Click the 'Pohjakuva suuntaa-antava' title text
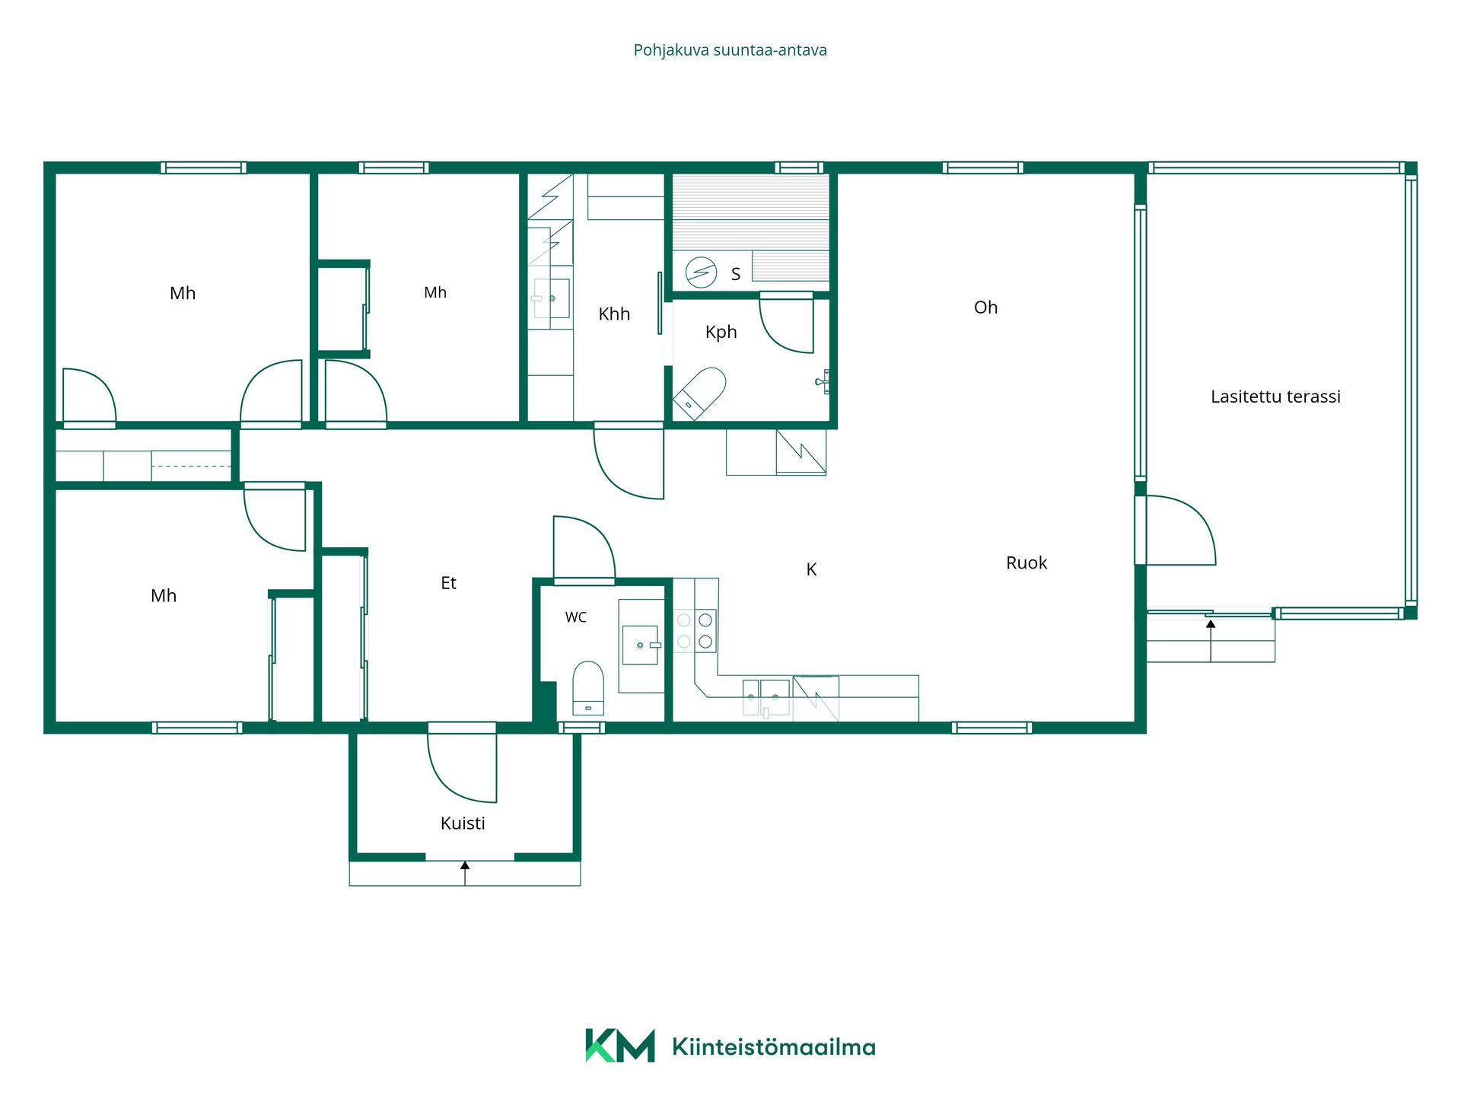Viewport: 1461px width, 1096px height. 730,50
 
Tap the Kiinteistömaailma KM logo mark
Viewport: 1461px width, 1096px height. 619,1045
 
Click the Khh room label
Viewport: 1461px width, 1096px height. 614,314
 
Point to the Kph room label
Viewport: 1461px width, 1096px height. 721,332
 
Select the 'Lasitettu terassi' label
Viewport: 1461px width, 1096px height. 1275,397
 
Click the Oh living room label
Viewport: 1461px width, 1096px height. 985,307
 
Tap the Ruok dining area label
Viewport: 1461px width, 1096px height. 1027,563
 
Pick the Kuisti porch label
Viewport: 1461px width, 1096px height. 463,824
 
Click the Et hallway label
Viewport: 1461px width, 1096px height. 448,583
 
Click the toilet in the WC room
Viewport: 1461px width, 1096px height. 587,688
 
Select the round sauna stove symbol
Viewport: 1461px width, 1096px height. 701,272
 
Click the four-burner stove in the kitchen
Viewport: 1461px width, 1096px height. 695,631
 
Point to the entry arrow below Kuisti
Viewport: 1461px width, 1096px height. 465,873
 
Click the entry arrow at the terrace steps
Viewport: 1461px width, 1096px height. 1211,640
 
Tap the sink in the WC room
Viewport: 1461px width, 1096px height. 641,645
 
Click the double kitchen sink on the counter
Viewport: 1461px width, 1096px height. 766,698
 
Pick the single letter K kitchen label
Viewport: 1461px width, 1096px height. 811,569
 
